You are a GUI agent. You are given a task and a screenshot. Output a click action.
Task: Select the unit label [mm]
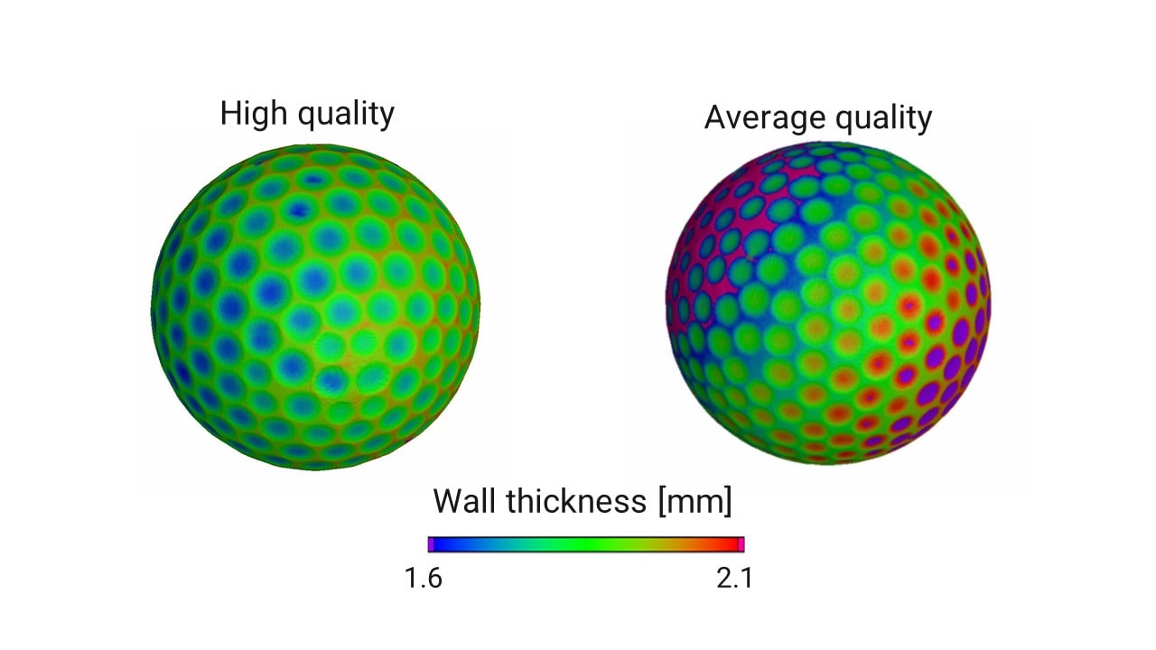point(695,501)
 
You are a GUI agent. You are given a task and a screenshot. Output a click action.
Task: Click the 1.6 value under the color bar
point(423,579)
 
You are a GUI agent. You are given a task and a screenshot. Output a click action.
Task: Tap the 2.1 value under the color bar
point(734,579)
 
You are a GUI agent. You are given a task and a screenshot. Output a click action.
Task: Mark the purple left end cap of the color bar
point(431,544)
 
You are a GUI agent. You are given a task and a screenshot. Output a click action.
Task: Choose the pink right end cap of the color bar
point(741,544)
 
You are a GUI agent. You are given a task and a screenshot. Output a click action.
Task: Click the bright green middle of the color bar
point(578,544)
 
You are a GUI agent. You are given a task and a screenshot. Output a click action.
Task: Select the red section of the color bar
point(722,544)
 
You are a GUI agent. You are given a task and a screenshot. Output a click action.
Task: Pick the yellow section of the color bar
point(664,544)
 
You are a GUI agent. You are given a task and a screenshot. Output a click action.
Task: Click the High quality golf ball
point(314,307)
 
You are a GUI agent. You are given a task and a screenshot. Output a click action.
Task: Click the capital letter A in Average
point(715,118)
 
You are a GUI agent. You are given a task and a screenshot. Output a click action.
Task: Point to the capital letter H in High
point(231,115)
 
